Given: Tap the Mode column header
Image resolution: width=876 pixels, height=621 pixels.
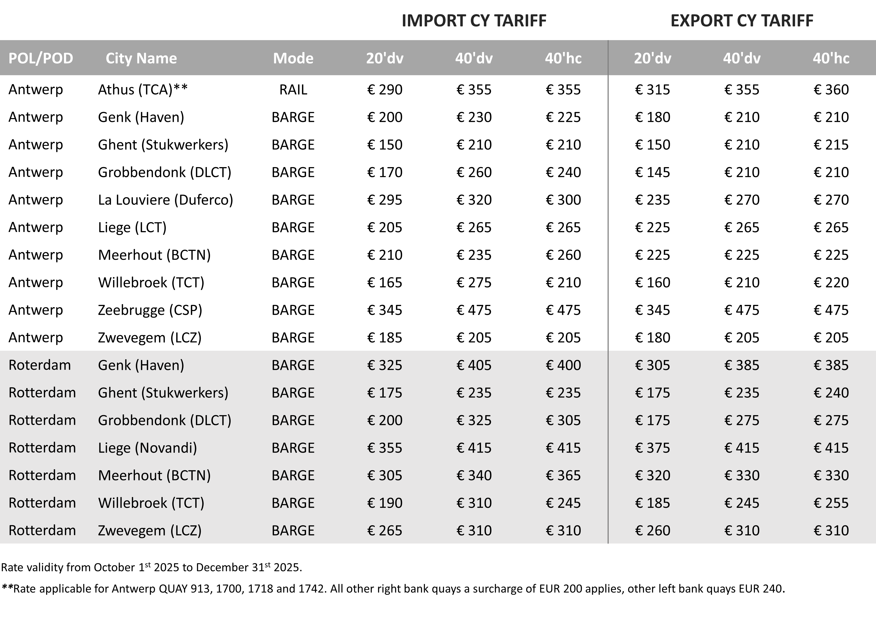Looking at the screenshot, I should point(293,58).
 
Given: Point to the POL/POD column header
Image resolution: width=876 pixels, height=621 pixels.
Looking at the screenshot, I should point(41,58).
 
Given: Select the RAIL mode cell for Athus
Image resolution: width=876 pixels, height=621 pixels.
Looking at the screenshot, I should point(293,89).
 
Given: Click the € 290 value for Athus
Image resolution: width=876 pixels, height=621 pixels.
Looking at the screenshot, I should point(385,89).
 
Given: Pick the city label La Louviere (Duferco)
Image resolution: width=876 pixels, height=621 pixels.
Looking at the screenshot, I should point(165,200).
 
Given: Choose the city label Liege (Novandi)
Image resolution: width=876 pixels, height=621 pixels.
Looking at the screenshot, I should point(148,447).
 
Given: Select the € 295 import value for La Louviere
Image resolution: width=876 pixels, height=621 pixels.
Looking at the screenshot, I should point(385,200).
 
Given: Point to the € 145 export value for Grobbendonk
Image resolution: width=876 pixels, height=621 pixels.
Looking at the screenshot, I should point(652,172).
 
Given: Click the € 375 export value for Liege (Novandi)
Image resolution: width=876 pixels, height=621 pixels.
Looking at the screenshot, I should point(652,447).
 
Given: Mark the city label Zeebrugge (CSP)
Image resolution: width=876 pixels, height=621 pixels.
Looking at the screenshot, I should point(150,310).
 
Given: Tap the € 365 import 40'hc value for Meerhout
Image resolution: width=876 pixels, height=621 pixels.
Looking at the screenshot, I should point(563,475).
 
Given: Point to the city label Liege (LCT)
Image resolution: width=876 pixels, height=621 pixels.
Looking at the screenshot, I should point(132,227).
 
